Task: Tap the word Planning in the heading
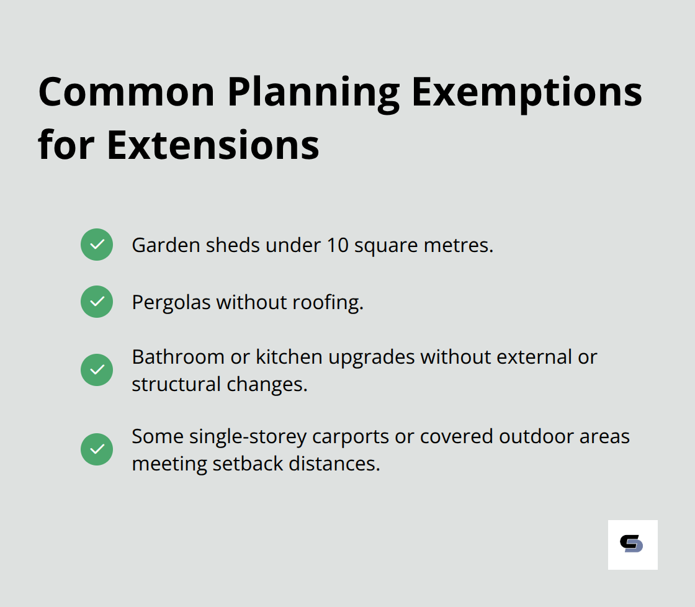pyautogui.click(x=313, y=92)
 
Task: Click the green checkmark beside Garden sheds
pyautogui.click(x=97, y=245)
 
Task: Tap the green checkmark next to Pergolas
pyautogui.click(x=97, y=302)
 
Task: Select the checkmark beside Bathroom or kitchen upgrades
pyautogui.click(x=97, y=370)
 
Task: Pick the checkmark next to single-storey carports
pyautogui.click(x=97, y=449)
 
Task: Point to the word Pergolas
pyautogui.click(x=171, y=302)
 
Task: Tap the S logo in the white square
pyautogui.click(x=632, y=544)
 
